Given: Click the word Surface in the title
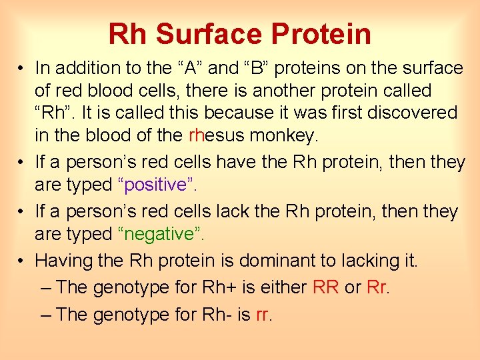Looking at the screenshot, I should pyautogui.click(x=217, y=34).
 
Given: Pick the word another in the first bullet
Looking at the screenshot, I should pyautogui.click(x=299, y=90).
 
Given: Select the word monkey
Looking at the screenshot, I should pyautogui.click(x=283, y=136).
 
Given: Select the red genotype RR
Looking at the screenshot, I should pyautogui.click(x=326, y=287).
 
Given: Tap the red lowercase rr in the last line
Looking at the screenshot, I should pyautogui.click(x=263, y=314).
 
